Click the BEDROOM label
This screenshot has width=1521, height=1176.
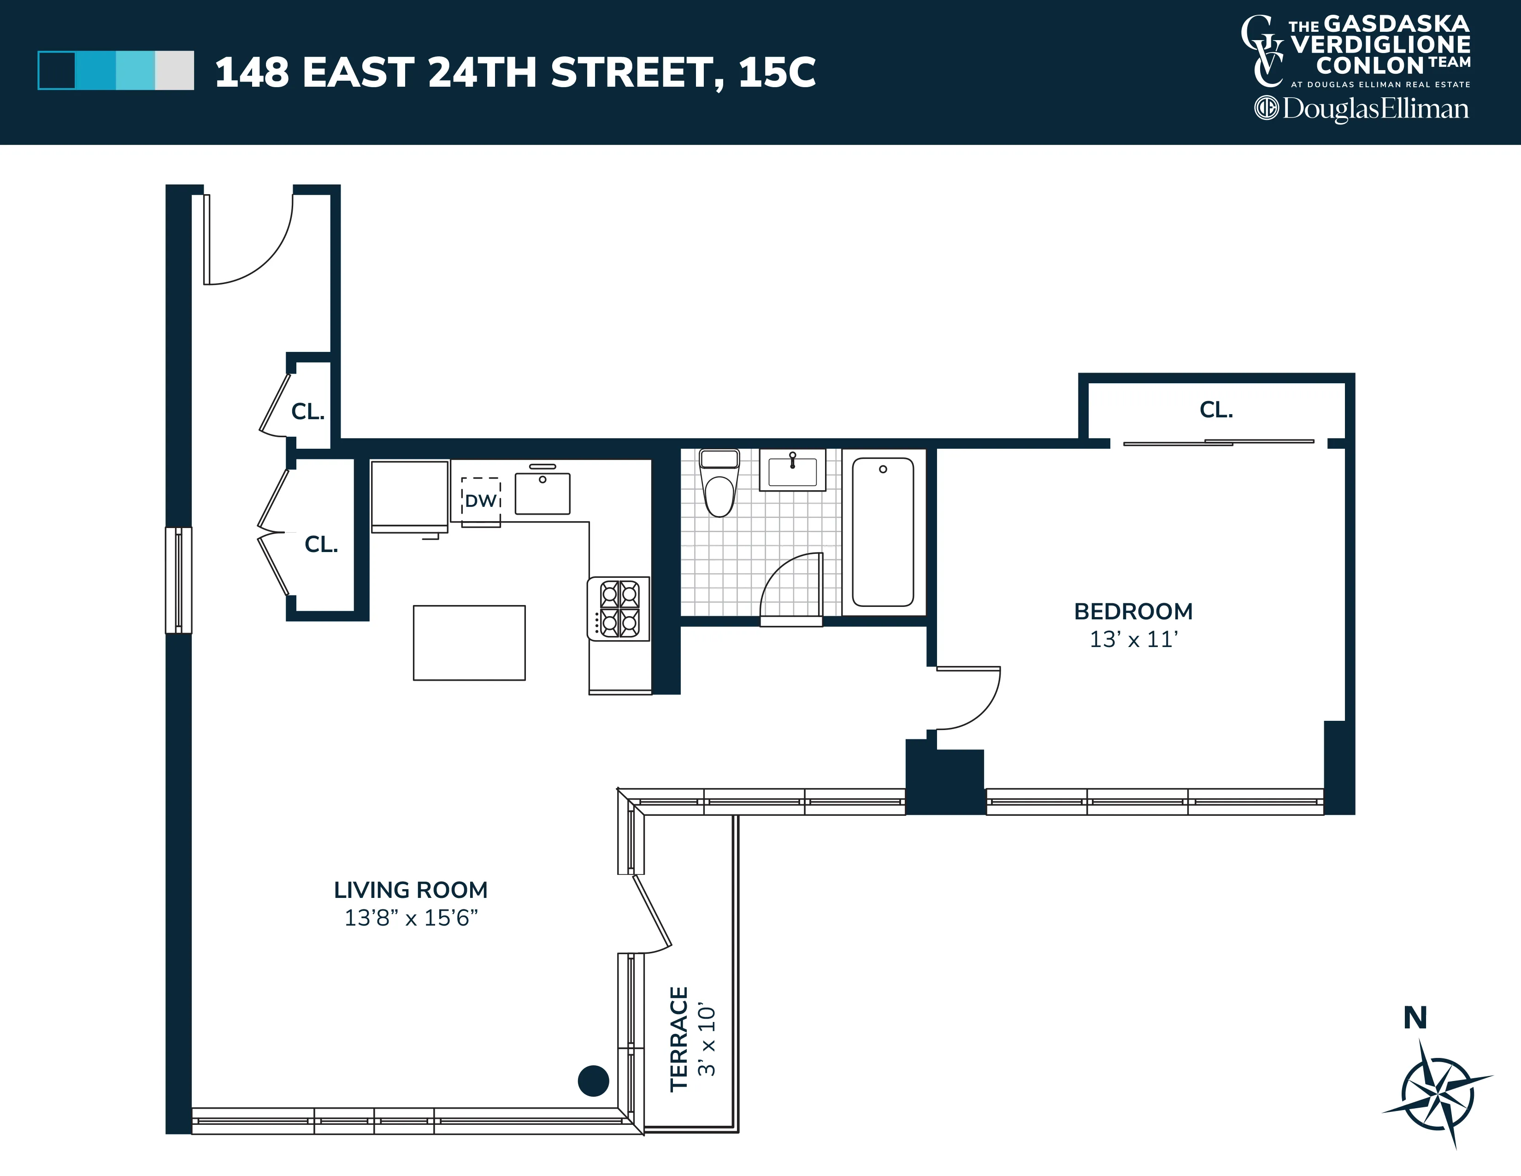(1133, 611)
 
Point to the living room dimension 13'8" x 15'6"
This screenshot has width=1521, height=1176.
(411, 918)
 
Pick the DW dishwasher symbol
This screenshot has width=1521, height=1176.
(481, 500)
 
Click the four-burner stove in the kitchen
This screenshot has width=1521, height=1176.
(619, 609)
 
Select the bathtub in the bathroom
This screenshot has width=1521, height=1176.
(882, 532)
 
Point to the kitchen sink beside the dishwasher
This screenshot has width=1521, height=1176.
(542, 493)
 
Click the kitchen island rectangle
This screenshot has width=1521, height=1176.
(469, 642)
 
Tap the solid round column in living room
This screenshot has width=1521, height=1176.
(593, 1081)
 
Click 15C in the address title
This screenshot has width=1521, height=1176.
(777, 72)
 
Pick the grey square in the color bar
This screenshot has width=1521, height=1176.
(174, 71)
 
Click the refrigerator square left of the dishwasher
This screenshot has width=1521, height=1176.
(409, 494)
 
